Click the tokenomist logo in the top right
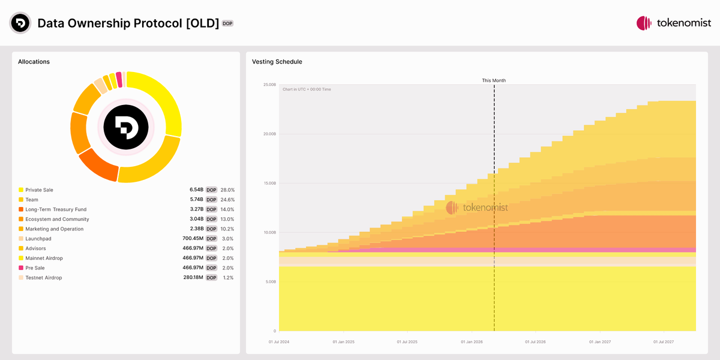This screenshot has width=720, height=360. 674,23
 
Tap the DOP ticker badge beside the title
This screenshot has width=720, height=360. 227,23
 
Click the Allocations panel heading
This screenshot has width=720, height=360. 34,62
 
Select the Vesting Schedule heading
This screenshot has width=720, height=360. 277,62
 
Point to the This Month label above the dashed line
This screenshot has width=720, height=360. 494,80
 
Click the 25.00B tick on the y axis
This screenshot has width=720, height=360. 269,85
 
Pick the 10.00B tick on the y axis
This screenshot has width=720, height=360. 269,232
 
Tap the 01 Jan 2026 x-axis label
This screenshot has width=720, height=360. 472,342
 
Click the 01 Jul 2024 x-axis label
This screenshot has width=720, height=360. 279,342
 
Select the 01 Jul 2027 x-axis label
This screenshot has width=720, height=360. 664,342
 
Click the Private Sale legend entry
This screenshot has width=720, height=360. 39,190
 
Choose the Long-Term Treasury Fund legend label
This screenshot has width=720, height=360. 56,209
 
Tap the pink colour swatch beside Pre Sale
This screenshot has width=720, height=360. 21,268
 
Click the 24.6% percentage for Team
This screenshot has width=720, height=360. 227,200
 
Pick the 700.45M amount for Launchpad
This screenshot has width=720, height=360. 193,239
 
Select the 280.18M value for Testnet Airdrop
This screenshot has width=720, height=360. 193,278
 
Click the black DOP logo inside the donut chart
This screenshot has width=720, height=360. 125,127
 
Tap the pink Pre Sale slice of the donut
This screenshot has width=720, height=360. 119,79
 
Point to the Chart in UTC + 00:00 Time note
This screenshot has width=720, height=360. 307,89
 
